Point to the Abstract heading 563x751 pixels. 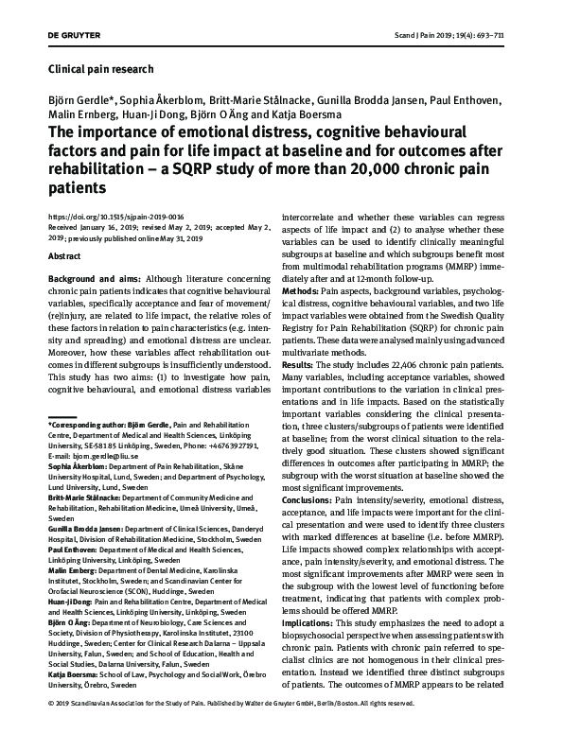[x=63, y=255]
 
